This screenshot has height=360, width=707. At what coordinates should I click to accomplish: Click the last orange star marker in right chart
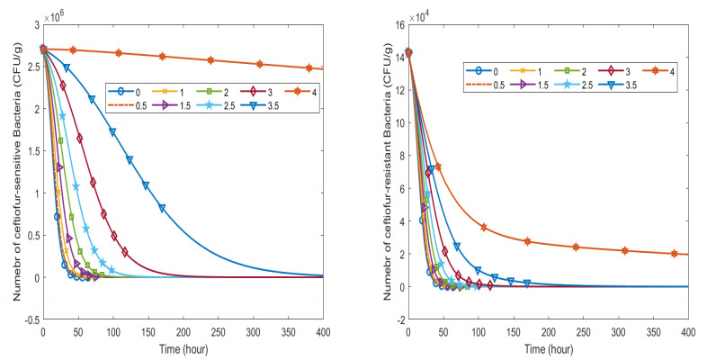point(675,253)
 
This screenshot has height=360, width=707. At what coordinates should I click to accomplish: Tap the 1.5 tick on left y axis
point(29,151)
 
